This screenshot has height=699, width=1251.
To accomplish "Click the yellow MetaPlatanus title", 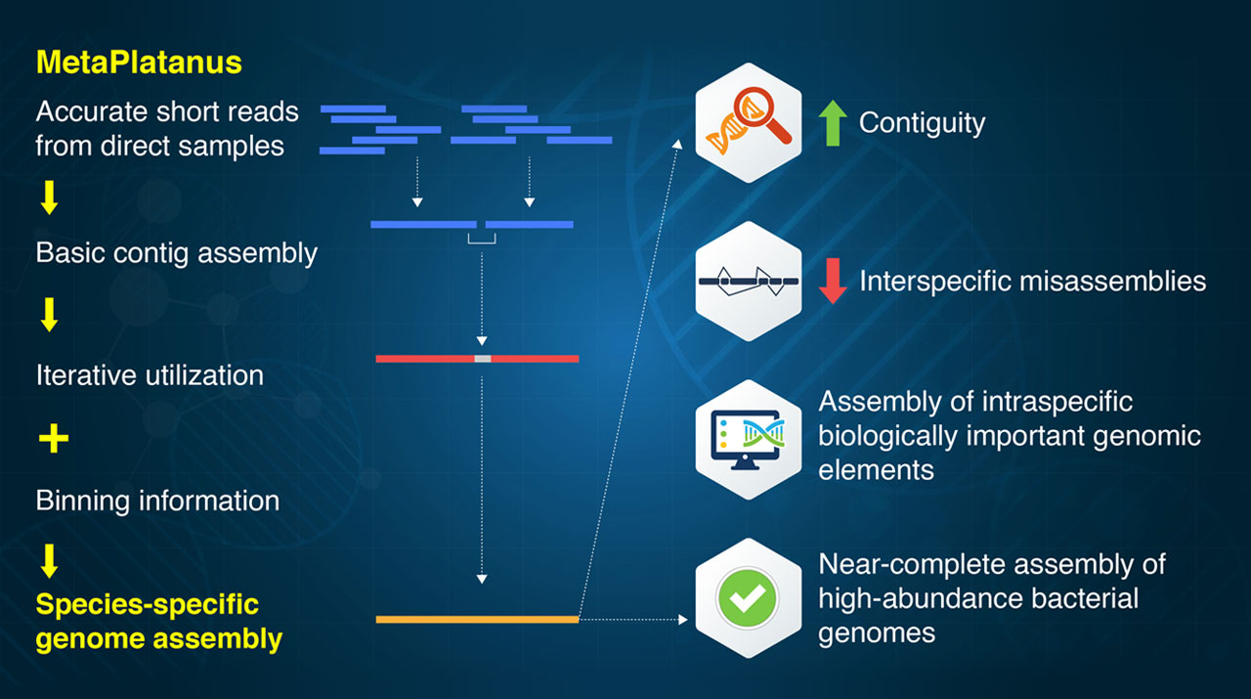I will click(x=139, y=63).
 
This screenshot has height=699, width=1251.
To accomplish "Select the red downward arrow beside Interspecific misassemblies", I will click(x=832, y=281).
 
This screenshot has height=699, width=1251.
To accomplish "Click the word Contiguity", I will click(x=922, y=123).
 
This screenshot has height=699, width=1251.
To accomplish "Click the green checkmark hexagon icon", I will click(x=748, y=597).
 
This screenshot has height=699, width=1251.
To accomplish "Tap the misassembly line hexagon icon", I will click(x=748, y=281).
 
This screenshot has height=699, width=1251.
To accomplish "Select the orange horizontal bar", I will click(x=477, y=619).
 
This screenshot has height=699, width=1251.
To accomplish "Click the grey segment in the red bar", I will click(x=482, y=359).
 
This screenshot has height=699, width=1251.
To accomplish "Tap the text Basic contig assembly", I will click(x=177, y=253).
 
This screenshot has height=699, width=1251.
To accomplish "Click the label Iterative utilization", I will click(x=150, y=375).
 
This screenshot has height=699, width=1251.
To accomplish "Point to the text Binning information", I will click(x=157, y=502).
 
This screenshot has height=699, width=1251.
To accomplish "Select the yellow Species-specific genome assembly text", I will click(x=159, y=622).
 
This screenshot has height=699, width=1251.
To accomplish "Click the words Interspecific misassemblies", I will click(x=1032, y=282).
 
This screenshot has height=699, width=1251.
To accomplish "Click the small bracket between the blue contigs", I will click(x=482, y=238).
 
